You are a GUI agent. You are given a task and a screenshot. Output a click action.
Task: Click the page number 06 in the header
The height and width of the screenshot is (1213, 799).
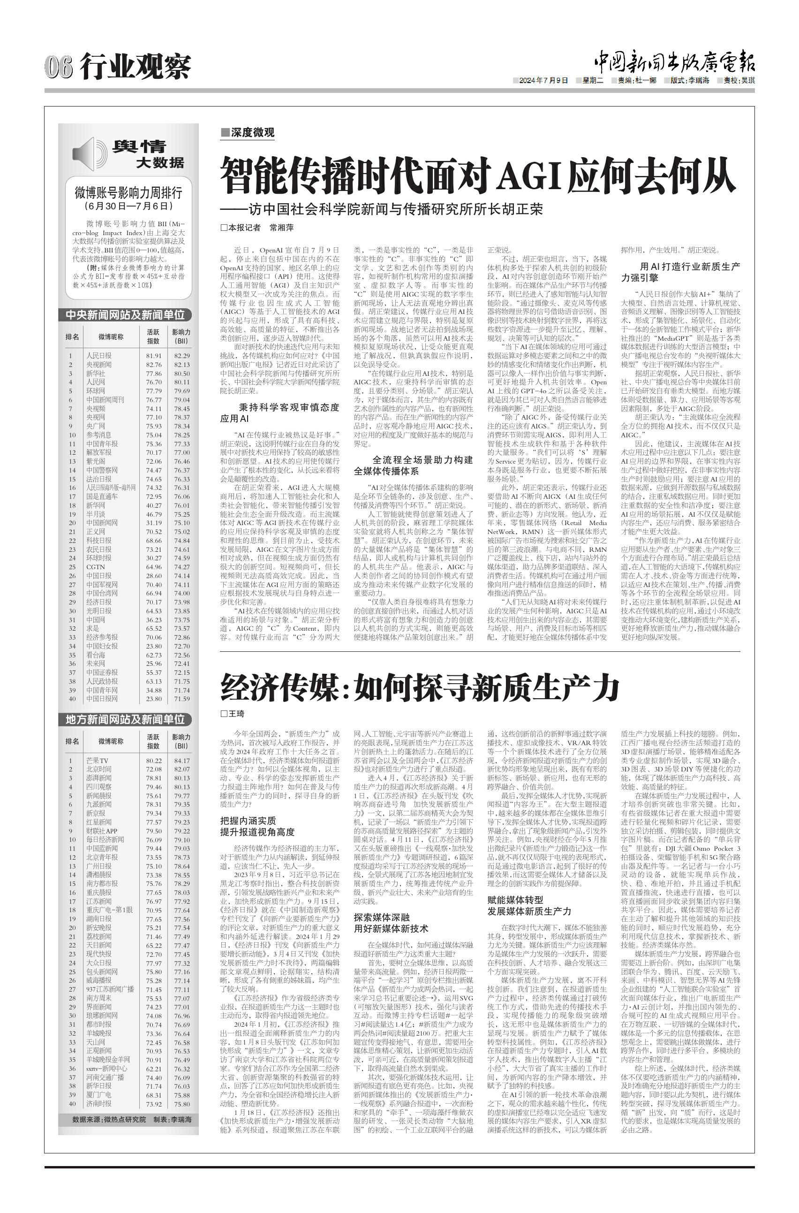tap(58, 67)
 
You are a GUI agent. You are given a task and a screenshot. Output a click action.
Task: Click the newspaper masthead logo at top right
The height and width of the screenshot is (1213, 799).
tap(674, 63)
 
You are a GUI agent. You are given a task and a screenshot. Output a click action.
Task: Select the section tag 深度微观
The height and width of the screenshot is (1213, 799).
tap(248, 133)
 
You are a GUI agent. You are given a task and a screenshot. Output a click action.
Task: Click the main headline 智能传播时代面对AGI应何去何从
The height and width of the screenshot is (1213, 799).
tap(478, 175)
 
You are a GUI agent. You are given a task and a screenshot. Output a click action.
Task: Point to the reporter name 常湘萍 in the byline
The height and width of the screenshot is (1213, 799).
tap(281, 228)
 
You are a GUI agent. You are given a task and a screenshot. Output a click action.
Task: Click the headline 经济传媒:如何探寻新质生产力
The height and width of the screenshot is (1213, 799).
tap(420, 687)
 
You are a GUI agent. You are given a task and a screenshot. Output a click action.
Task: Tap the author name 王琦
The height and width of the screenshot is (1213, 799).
tap(236, 714)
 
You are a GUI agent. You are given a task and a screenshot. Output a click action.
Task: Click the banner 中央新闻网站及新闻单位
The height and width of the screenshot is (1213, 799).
tap(125, 315)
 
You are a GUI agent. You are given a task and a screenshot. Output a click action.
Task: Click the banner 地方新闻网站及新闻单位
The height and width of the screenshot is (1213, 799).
tap(125, 719)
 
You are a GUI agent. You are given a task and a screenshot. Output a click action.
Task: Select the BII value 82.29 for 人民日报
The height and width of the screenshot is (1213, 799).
tap(181, 356)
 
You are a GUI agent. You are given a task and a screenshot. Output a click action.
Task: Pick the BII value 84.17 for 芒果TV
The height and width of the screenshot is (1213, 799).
tap(181, 760)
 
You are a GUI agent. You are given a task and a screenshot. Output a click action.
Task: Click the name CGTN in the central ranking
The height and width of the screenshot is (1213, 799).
tap(95, 567)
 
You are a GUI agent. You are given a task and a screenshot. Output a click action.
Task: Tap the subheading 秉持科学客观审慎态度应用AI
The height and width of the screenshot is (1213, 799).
tap(280, 413)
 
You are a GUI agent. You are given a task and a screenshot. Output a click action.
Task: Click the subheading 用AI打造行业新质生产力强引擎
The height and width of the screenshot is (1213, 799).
tap(680, 272)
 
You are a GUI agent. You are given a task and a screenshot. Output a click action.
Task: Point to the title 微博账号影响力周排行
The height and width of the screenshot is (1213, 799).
tap(128, 193)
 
